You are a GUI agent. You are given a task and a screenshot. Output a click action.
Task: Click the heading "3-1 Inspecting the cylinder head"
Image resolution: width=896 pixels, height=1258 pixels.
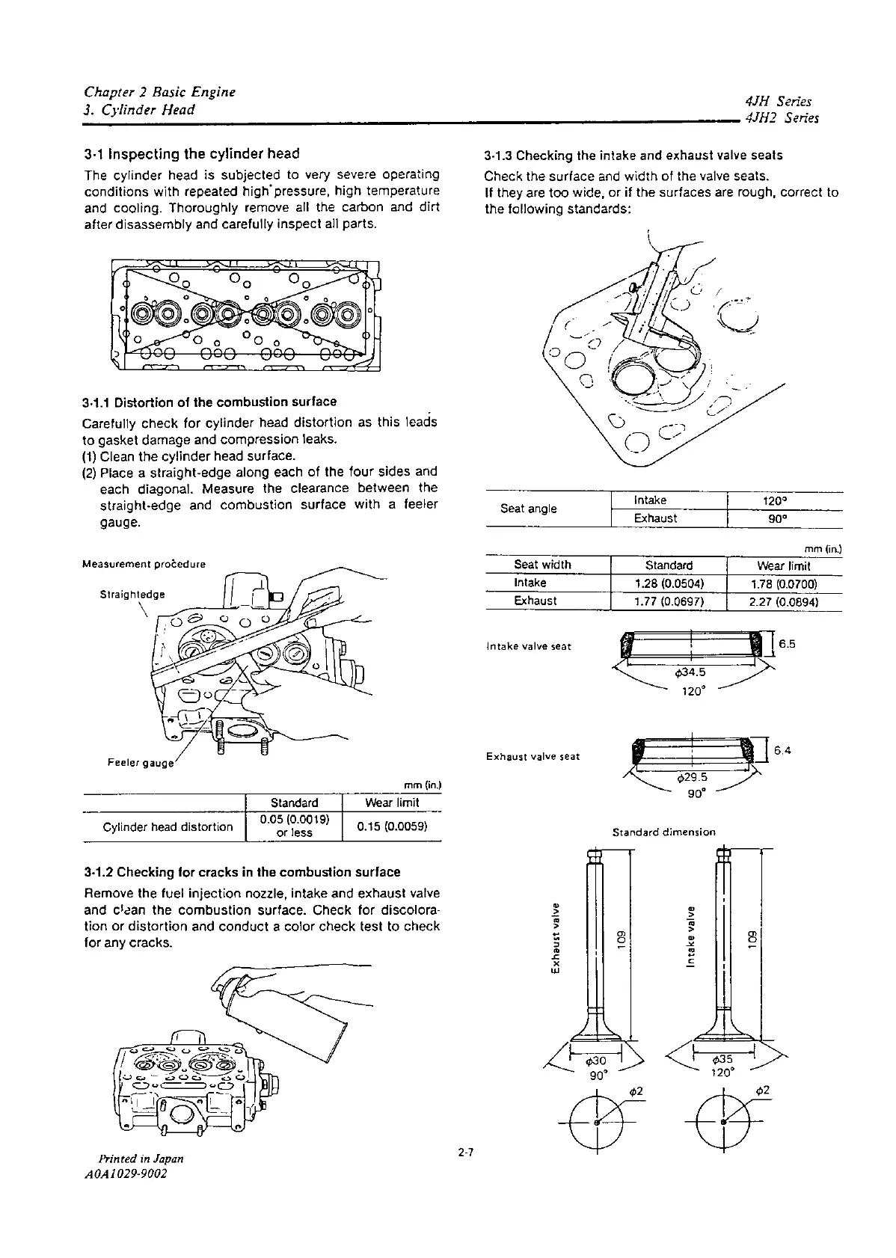tap(191, 153)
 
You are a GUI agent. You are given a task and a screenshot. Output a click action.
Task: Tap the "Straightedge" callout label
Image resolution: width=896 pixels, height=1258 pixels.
tap(132, 595)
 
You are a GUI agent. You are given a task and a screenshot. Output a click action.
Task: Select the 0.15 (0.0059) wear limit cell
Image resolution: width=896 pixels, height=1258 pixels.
tap(392, 826)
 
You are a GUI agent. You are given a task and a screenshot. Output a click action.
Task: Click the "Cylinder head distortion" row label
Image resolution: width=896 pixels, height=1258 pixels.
tap(168, 826)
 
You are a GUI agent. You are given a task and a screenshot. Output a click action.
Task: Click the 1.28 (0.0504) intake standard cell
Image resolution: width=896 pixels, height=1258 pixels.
tap(669, 583)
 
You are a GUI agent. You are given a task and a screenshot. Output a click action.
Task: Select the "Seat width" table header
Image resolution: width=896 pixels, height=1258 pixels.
tap(542, 565)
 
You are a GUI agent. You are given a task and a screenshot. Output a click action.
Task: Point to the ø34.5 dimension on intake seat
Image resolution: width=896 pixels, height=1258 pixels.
tap(690, 671)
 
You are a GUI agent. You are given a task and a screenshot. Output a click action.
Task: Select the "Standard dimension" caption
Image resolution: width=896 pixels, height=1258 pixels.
tap(663, 832)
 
